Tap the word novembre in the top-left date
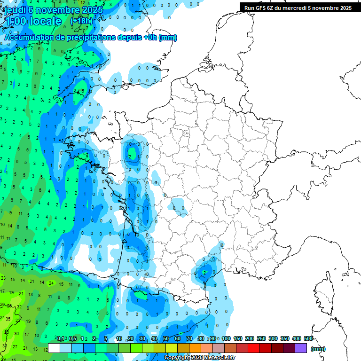(x=55, y=10)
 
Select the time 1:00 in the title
(x=16, y=21)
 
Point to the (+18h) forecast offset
(x=81, y=21)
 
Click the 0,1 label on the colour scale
(x=61, y=338)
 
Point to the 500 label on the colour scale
(x=308, y=338)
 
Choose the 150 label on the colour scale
(x=238, y=338)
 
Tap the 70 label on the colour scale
(x=189, y=338)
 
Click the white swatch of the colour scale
(x=54, y=348)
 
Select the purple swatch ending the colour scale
(x=301, y=348)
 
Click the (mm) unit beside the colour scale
(x=318, y=349)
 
